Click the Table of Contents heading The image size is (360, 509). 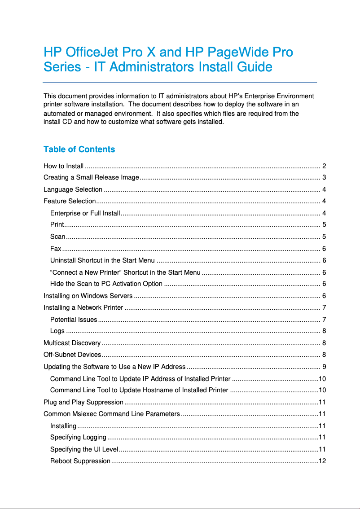pyautogui.click(x=79, y=149)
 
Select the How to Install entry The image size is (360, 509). pyautogui.click(x=63, y=166)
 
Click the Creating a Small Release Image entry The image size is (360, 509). pyautogui.click(x=91, y=177)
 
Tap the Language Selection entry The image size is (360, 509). pyautogui.click(x=73, y=189)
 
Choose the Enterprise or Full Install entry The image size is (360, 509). pyautogui.click(x=85, y=213)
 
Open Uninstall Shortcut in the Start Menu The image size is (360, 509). pyautogui.click(x=102, y=260)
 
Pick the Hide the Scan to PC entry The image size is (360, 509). pyautogui.click(x=106, y=284)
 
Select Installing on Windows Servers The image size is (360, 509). pyautogui.click(x=88, y=296)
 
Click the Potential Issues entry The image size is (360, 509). pyautogui.click(x=74, y=320)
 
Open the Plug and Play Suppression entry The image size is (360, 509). pyautogui.click(x=83, y=402)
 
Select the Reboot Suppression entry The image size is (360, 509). pyautogui.click(x=80, y=461)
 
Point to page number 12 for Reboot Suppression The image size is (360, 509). pyautogui.click(x=322, y=461)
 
